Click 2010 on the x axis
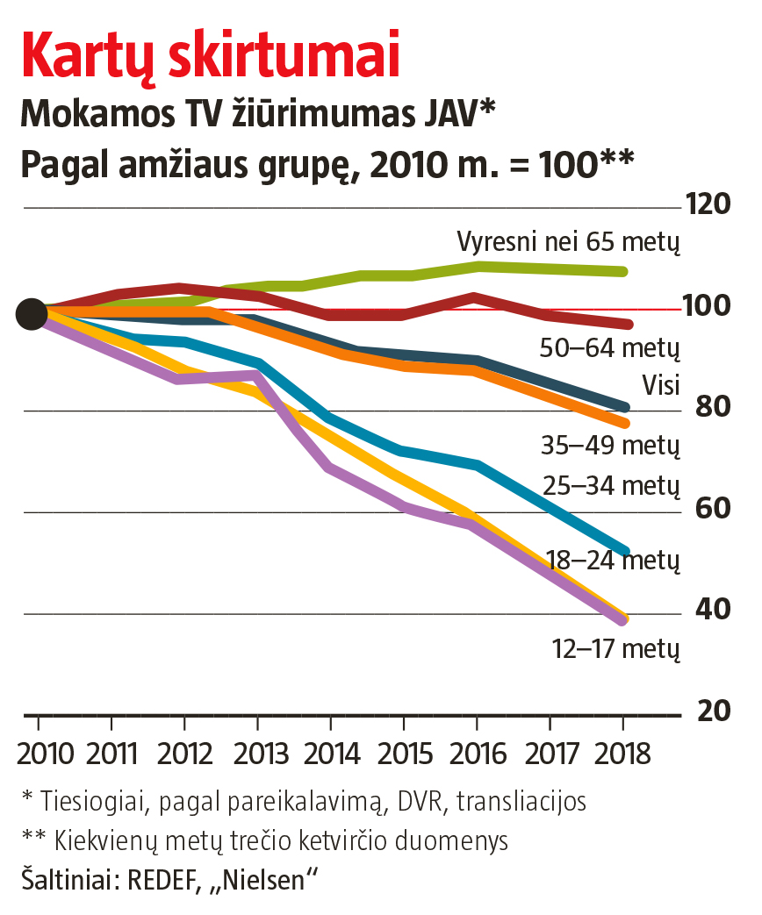click(38, 754)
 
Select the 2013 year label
click(257, 754)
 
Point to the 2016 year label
click(477, 754)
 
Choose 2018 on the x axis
click(622, 754)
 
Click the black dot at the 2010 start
click(32, 313)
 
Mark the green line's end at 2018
click(622, 271)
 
